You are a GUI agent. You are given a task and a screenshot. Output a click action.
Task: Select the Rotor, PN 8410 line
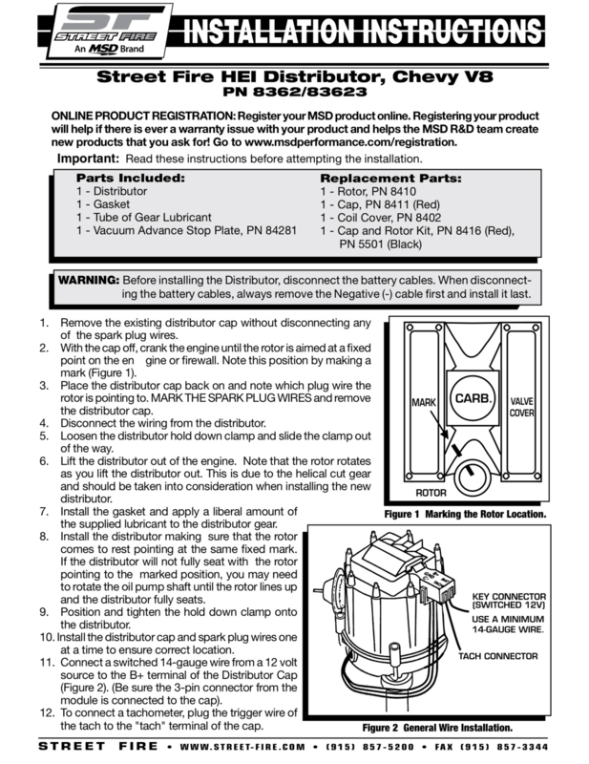tap(368, 192)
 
